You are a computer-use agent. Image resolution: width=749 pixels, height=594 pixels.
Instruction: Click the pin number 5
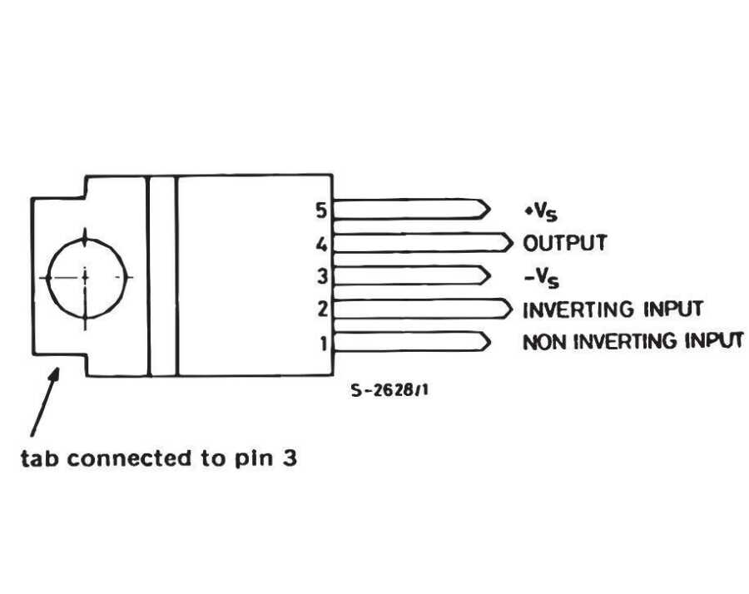(321, 210)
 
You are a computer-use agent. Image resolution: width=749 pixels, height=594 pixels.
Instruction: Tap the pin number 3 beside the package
(321, 276)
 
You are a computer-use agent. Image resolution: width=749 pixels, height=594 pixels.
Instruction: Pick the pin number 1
(324, 342)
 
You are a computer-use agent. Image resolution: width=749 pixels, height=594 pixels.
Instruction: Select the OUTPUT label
(565, 244)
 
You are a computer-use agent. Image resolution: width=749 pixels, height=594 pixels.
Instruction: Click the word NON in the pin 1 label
(542, 341)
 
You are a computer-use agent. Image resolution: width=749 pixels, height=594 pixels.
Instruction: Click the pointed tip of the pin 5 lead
(489, 209)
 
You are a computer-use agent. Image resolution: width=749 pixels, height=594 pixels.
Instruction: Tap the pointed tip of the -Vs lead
(489, 275)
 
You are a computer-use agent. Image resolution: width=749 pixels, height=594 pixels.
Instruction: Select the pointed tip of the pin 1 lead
(489, 341)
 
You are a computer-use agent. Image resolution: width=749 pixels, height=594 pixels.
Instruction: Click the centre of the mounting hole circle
(84, 275)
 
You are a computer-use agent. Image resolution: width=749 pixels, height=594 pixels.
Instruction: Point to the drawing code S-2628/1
(390, 390)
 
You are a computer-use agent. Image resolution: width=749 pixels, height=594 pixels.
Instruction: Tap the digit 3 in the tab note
(288, 458)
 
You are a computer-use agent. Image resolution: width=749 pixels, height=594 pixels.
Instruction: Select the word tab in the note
(38, 458)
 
